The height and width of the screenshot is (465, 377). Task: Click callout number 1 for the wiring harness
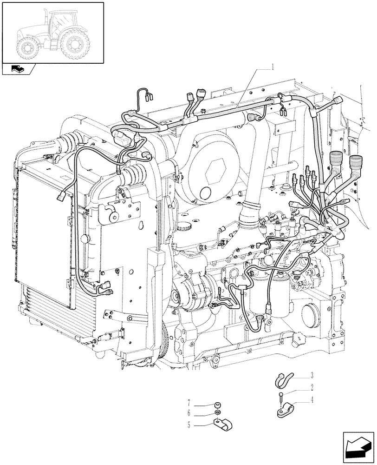tap(273, 67)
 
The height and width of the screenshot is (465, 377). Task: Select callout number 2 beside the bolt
tap(312, 386)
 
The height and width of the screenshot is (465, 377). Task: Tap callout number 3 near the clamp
tap(312, 374)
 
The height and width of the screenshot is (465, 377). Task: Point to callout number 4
tap(312, 399)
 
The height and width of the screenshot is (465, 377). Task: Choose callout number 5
tap(188, 424)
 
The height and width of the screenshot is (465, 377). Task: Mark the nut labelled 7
tap(218, 404)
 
